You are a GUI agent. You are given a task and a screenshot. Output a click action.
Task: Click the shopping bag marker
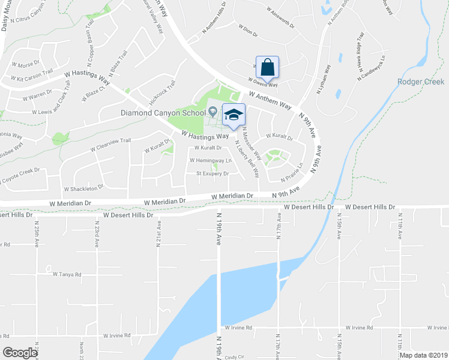click(268, 67)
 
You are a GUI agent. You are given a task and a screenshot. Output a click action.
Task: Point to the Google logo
click(20, 353)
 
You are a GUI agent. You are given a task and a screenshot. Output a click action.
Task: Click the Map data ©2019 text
click(423, 355)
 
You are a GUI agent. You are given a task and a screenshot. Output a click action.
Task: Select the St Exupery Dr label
click(213, 174)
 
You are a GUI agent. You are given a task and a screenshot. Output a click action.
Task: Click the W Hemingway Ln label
click(210, 161)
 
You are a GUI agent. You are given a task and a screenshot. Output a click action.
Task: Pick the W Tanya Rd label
click(67, 274)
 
